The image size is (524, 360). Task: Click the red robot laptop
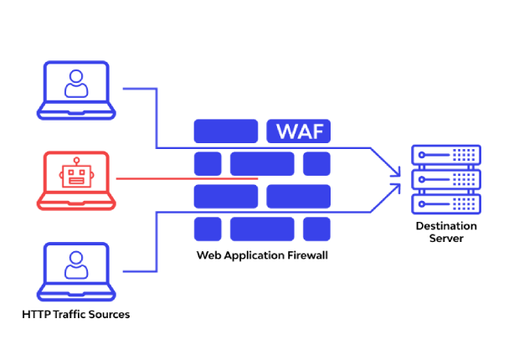click(x=75, y=180)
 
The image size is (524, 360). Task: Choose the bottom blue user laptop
click(x=75, y=271)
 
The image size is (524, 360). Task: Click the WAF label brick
click(x=298, y=131)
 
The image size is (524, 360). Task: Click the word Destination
click(x=446, y=226)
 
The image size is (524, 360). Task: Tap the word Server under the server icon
click(x=446, y=239)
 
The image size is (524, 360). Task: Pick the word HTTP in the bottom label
click(x=36, y=315)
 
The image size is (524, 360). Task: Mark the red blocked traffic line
click(x=184, y=178)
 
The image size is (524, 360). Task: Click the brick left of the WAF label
click(x=226, y=131)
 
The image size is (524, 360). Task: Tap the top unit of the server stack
click(x=445, y=156)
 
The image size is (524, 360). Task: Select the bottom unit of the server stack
click(x=445, y=203)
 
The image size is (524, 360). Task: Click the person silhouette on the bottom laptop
click(x=75, y=265)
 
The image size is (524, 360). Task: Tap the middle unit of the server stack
click(x=445, y=179)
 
